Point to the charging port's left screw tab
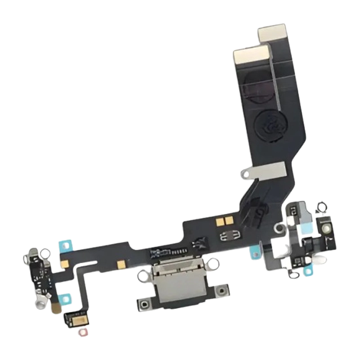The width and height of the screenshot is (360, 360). (147, 305)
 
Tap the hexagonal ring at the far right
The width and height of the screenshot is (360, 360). (321, 207)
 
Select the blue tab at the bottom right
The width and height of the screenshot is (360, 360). (310, 271)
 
